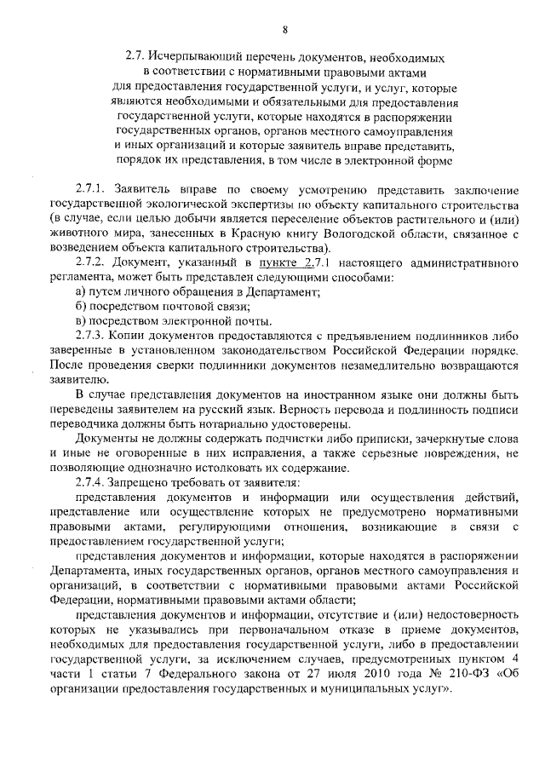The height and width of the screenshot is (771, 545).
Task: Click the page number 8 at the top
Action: click(x=285, y=31)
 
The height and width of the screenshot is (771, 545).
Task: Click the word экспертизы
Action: click(x=238, y=204)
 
